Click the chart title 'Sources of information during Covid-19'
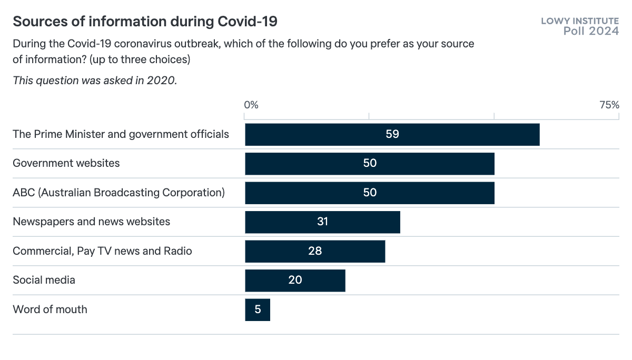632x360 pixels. [x=145, y=22]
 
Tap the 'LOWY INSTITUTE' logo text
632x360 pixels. [x=580, y=21]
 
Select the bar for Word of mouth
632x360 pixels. [x=258, y=309]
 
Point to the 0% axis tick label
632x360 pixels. [x=251, y=105]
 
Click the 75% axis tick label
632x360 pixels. [x=609, y=105]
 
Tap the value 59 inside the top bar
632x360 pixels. [x=392, y=134]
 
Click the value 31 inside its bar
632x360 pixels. [x=323, y=222]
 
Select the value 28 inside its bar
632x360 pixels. [x=315, y=251]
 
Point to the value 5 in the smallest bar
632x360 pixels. [x=258, y=309]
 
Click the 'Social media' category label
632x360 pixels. [x=44, y=280]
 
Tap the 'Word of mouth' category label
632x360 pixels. [x=50, y=309]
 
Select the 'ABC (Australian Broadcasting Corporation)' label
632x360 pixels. [x=118, y=193]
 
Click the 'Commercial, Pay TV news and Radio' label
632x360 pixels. [x=102, y=251]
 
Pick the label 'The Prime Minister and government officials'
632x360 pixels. [x=121, y=134]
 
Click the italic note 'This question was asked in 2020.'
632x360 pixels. [x=95, y=81]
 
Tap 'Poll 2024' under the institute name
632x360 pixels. [x=591, y=32]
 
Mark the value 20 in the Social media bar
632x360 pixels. [x=295, y=280]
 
